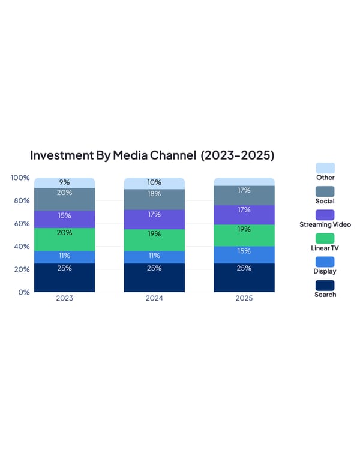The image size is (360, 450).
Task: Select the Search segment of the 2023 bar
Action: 64,277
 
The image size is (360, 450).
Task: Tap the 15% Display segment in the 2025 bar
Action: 244,254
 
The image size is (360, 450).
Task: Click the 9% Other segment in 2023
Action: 64,182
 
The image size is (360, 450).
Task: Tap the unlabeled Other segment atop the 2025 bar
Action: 244,181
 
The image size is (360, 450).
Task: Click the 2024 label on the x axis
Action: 154,298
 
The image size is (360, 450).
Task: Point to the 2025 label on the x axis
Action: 244,298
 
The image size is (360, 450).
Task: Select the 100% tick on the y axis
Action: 20,178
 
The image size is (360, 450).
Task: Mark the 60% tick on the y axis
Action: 22,223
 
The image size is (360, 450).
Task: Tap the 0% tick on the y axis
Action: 24,292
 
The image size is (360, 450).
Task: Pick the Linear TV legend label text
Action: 325,248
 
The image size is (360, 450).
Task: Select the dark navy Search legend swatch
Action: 325,285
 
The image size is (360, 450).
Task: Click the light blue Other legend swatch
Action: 325,168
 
